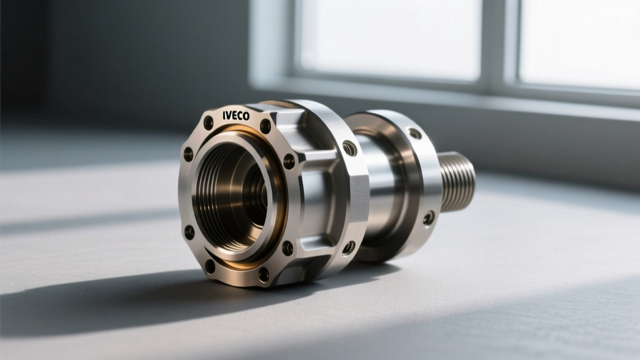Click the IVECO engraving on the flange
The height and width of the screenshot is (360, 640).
pos(236,116)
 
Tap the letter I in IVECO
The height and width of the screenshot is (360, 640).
pos(224,116)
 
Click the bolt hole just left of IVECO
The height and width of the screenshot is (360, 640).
pos(209,122)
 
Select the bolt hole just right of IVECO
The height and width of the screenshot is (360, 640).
pos(265,126)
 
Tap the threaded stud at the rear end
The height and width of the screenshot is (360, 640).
pos(457,181)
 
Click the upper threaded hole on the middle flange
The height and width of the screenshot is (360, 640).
pos(349,148)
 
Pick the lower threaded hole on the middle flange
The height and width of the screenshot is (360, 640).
pos(348,247)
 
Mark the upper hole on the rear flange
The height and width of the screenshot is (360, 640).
pos(415,133)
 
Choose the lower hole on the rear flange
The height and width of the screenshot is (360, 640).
pos(429,218)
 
